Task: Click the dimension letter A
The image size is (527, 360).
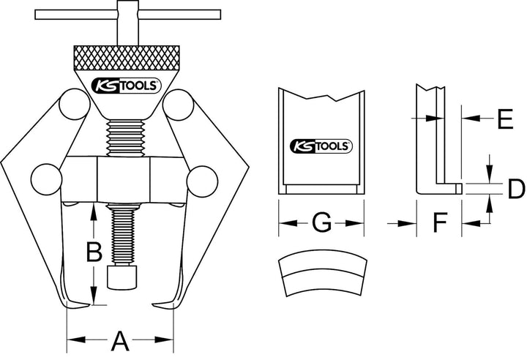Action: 120,341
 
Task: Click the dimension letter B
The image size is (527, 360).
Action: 94,252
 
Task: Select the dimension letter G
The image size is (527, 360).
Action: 321,222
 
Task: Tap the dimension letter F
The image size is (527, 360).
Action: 440,222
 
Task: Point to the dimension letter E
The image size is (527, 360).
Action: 505,119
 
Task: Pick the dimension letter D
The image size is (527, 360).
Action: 516,189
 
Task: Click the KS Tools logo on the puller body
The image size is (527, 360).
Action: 127,86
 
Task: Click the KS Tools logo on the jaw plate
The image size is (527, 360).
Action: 321,146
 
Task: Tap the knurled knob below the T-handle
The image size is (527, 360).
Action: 127,58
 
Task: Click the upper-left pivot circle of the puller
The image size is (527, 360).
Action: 75,104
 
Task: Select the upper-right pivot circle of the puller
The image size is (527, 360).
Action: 178,105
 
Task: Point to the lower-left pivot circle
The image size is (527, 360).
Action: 46,179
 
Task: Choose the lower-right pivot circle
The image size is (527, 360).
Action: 202,181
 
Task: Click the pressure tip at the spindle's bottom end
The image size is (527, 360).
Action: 122,277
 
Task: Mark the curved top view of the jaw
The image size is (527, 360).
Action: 323,273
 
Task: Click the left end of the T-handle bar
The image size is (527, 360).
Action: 36,15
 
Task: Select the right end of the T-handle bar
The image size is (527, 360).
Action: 220,15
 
